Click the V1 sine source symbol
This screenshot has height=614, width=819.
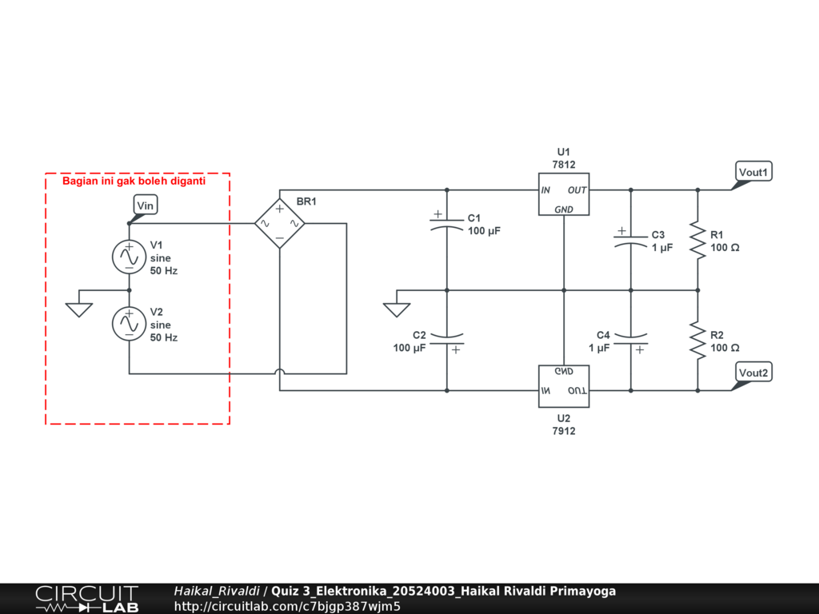[x=129, y=257]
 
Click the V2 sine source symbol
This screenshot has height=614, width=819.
[x=129, y=324]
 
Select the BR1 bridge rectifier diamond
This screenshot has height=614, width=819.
[x=280, y=224]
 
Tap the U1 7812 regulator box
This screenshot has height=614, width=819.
[x=564, y=194]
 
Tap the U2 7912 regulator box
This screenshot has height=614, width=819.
[x=564, y=386]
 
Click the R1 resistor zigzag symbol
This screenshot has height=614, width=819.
[x=697, y=240]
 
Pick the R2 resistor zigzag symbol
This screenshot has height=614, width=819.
[x=697, y=341]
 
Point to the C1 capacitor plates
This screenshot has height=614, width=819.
[x=446, y=224]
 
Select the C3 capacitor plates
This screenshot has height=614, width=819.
[x=630, y=240]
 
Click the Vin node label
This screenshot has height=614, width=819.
[x=145, y=205]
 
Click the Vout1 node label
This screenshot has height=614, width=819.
[x=753, y=172]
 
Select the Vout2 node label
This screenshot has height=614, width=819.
[x=753, y=373]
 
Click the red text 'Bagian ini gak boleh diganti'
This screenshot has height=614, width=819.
[x=134, y=181]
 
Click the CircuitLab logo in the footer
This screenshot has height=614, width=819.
[x=87, y=599]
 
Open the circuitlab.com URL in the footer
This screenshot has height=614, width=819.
[x=287, y=606]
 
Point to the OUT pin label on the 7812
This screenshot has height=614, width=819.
[x=577, y=190]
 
